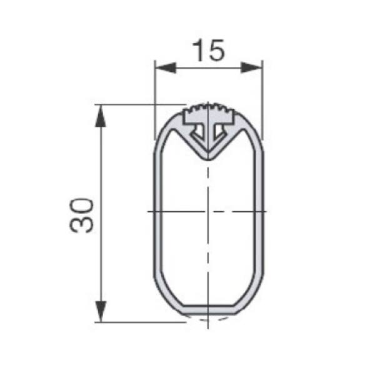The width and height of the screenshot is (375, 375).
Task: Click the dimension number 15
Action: pos(209,51)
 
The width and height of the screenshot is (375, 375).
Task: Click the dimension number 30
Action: pos(81,215)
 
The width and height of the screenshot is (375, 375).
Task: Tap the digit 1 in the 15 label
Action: pos(198,51)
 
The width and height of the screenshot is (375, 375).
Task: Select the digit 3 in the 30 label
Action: pos(81,224)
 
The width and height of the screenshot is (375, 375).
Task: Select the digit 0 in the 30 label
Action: pos(81,206)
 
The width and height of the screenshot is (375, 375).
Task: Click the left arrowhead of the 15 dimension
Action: pos(166,67)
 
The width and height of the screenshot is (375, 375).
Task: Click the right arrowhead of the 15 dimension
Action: pos(251,67)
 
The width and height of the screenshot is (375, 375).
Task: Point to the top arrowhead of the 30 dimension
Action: pos(101,116)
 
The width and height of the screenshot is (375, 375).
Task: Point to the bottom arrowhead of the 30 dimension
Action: pos(101,311)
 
